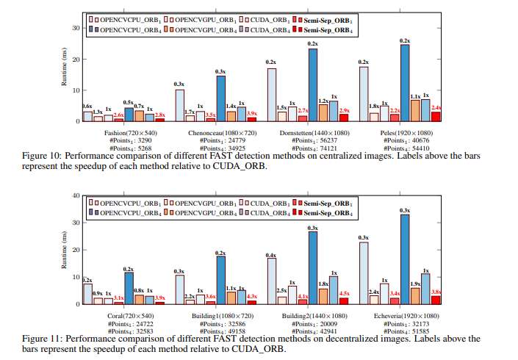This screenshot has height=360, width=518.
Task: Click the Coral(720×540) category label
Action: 127,314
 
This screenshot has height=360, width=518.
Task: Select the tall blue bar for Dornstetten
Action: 313,84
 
